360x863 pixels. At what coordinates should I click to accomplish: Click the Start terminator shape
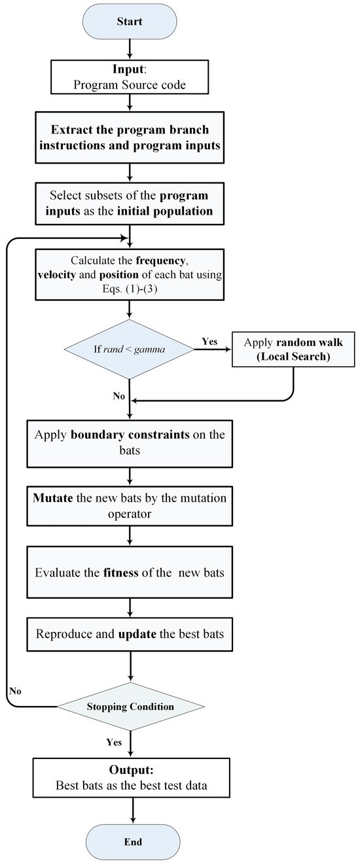coord(130,21)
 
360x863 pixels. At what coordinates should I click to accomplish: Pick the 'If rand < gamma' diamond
coord(130,349)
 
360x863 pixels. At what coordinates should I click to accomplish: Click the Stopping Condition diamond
coord(130,707)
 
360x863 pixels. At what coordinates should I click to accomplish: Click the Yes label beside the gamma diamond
coord(209,341)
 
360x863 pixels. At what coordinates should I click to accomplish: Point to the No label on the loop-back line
coord(16,690)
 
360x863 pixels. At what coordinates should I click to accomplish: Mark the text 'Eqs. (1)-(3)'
coord(130,287)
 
